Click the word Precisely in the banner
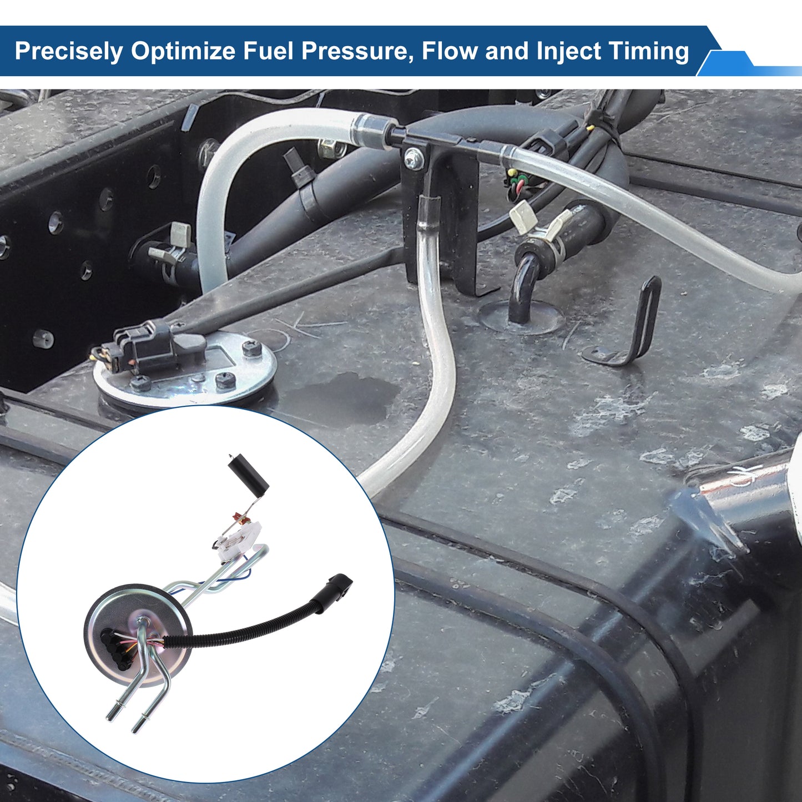click(69, 51)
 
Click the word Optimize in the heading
click(183, 51)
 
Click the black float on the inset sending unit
click(249, 473)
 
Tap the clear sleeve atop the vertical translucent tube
click(428, 210)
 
